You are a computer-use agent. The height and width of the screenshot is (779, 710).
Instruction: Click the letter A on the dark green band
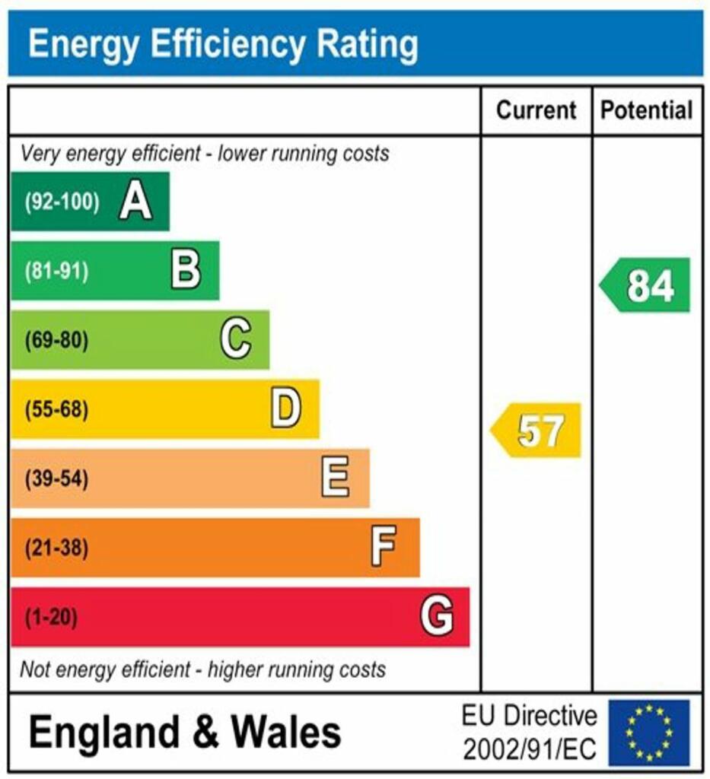[135, 202]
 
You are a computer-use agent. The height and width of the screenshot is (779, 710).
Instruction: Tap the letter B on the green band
[186, 271]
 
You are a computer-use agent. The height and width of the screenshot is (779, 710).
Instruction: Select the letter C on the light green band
[236, 339]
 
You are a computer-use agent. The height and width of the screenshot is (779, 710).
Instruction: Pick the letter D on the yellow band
[286, 409]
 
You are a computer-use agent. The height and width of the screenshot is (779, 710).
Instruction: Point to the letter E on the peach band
[336, 479]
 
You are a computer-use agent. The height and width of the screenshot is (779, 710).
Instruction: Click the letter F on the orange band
[384, 548]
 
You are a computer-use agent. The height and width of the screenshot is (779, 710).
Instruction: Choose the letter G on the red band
[437, 616]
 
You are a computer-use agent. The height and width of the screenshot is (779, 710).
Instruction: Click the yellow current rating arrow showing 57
[537, 431]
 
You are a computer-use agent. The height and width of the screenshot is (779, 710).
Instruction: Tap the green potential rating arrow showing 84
[647, 285]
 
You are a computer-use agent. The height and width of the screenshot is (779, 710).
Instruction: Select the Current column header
[536, 110]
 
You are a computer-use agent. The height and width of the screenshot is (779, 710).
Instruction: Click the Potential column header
[647, 110]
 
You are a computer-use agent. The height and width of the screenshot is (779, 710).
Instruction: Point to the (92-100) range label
[62, 202]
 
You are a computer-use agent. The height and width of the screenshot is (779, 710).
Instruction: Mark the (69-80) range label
[56, 340]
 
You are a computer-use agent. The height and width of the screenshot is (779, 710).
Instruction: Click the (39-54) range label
[56, 479]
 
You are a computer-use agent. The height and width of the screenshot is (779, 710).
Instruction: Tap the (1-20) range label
[51, 617]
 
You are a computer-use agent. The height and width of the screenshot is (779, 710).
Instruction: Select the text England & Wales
[185, 733]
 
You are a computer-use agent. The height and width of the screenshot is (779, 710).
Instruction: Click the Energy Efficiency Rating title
[223, 44]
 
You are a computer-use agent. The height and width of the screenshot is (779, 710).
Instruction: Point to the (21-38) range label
[56, 548]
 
